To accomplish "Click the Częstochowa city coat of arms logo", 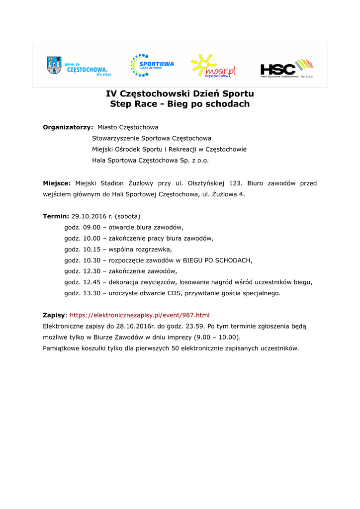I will click(54, 65).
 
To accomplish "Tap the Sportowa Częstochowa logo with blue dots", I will click(152, 66).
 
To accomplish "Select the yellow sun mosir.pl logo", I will click(213, 67).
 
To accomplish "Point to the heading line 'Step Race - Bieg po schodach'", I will click(180, 104).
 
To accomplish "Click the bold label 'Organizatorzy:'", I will click(68, 127).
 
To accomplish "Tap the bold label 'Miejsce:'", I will click(57, 183).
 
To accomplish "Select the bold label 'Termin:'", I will click(56, 216).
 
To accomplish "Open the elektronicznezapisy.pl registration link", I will click(140, 315).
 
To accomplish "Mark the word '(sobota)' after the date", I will click(127, 216).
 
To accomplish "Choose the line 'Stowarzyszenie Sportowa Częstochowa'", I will click(152, 138).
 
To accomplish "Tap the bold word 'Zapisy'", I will click(54, 315).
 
